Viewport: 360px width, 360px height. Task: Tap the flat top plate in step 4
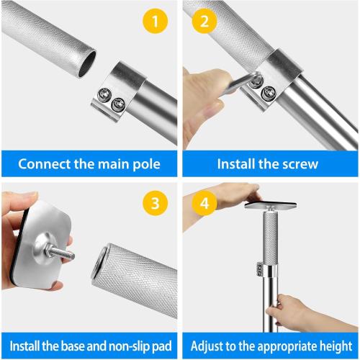point(271,205)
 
